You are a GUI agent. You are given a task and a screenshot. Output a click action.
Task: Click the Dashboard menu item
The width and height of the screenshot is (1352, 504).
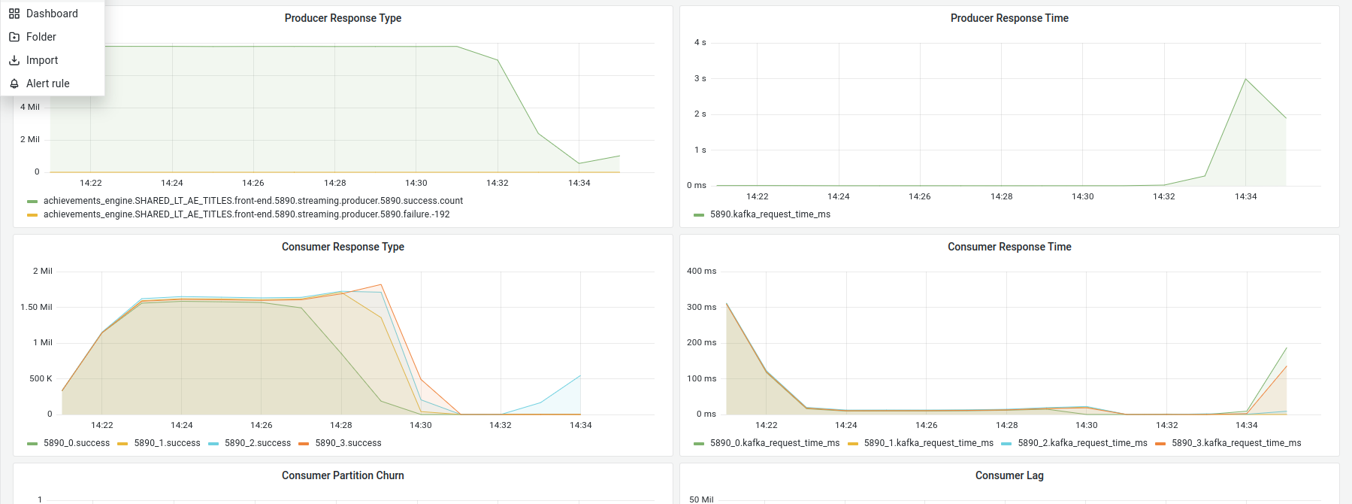tap(51, 14)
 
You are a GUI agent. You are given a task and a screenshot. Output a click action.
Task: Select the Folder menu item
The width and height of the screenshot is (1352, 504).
tap(41, 37)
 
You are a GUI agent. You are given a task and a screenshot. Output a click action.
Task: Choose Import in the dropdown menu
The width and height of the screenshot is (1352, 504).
tap(41, 60)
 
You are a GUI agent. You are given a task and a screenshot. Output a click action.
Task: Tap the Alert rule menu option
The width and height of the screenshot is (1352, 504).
tap(47, 83)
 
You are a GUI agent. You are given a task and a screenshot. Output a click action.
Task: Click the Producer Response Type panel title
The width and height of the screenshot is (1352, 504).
tap(343, 18)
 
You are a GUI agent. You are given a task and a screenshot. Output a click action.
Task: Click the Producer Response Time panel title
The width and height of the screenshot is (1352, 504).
tap(1009, 18)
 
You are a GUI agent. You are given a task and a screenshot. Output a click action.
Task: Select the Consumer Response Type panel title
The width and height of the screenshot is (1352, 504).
tap(343, 247)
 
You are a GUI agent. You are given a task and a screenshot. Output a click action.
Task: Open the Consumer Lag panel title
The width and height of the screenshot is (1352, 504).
tap(1009, 475)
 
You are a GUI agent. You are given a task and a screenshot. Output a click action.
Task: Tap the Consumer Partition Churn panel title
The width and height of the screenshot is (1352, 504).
tap(343, 475)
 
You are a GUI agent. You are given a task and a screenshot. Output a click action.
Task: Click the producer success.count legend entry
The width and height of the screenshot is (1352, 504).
tap(253, 201)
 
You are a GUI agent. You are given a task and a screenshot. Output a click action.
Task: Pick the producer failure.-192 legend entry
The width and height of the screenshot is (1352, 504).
tap(246, 214)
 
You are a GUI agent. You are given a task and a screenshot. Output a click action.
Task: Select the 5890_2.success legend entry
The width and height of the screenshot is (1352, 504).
tap(257, 443)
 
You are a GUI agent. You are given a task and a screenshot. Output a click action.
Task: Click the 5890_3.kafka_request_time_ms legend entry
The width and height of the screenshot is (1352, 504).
tap(1236, 443)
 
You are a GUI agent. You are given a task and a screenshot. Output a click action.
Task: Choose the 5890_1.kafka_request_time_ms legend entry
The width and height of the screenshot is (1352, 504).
tap(928, 443)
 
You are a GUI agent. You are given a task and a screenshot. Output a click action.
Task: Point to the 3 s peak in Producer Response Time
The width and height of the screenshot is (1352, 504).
tap(1245, 79)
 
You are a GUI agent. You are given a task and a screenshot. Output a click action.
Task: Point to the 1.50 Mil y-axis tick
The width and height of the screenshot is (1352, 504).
tap(36, 307)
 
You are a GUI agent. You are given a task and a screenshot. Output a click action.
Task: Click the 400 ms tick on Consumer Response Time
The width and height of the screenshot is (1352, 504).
tap(701, 271)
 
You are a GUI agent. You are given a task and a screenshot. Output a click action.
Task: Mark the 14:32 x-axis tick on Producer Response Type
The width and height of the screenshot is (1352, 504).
tap(497, 183)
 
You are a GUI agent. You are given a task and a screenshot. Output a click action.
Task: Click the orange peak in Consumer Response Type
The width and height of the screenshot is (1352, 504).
tap(381, 285)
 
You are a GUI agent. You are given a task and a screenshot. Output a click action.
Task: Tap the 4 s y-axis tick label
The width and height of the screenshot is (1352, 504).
tap(700, 43)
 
